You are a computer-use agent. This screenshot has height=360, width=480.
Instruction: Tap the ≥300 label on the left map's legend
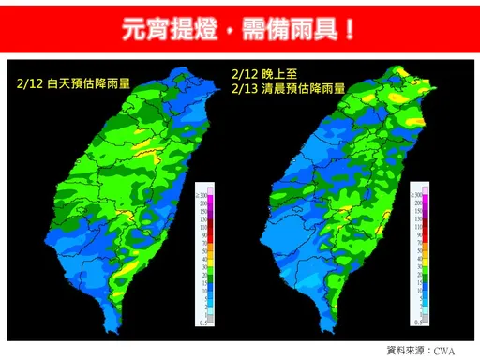(202, 192)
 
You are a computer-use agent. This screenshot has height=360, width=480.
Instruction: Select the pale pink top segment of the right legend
(426, 195)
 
